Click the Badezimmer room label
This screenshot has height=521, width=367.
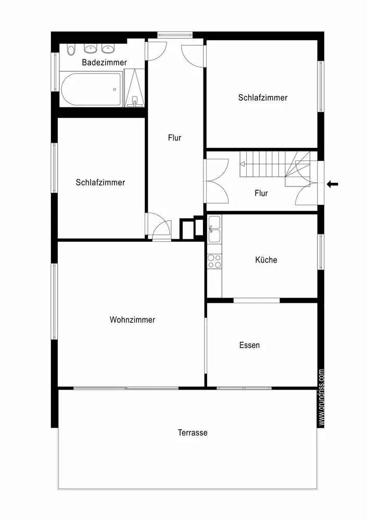pos(104,63)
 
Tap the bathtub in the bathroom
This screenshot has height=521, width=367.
pos(91,90)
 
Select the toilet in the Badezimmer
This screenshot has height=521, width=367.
pos(71,49)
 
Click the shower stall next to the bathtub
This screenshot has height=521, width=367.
pos(134,88)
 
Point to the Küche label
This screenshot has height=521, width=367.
pos(266,260)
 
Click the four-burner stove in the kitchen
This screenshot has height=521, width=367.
pos(214,261)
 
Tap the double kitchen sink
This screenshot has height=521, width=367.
pos(214,229)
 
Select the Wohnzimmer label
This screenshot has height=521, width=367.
pos(132,320)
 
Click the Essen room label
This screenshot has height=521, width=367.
pos(249,345)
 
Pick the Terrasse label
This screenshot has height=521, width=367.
pos(193,432)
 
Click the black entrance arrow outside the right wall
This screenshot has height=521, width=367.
pos(333,184)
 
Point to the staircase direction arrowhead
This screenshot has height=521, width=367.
pos(242,164)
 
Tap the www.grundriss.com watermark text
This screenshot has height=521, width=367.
pos(321,398)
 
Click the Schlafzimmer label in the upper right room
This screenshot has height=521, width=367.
pos(263,98)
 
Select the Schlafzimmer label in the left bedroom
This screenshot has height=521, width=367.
pos(100,182)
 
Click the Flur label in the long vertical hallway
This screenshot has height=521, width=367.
pos(174,138)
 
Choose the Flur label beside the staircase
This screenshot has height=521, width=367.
pos(261,193)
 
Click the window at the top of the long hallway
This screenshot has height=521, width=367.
pos(175,34)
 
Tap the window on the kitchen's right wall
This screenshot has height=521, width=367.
pos(321,252)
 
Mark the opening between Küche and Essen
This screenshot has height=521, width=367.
pos(257,301)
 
